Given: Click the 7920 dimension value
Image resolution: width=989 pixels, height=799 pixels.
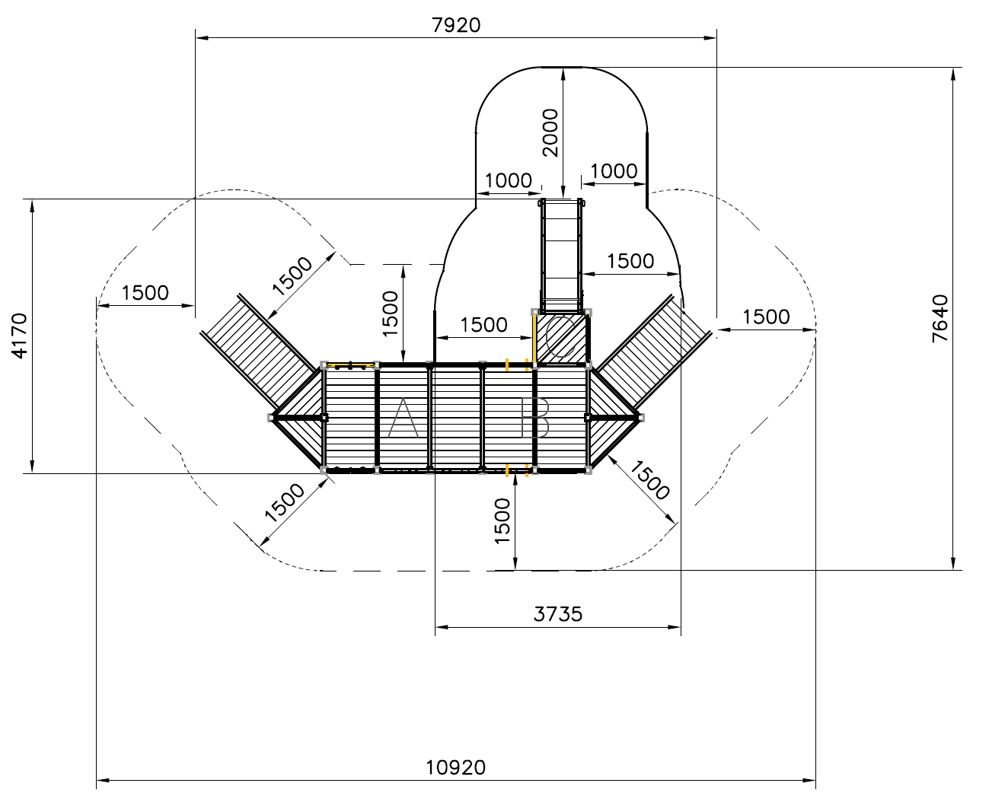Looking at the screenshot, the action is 455,25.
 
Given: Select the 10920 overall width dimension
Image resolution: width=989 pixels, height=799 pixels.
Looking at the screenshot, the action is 455,768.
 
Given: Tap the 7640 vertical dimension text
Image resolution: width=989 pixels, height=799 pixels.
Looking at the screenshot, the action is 940,318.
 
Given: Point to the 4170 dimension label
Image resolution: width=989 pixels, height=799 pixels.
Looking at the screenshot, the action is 20,336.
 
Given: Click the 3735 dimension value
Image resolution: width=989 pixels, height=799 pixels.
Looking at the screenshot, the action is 557,614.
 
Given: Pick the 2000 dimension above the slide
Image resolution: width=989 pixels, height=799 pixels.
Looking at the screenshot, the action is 550,132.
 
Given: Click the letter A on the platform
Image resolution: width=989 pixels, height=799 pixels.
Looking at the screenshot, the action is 403,418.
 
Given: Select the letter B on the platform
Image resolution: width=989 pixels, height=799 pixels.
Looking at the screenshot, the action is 534,418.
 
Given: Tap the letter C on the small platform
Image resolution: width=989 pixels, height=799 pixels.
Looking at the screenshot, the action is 560,337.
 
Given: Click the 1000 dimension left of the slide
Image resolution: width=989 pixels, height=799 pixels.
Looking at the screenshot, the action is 508,180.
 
